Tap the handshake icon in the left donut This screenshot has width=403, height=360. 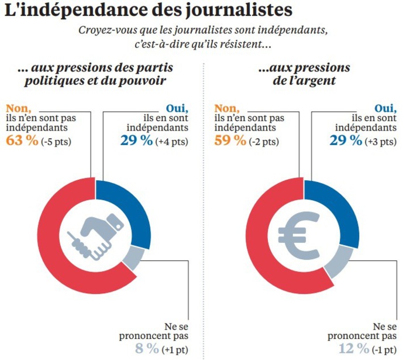98,236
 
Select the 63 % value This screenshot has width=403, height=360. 22,140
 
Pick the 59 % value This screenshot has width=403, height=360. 230,140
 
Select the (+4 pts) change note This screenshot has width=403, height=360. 171,141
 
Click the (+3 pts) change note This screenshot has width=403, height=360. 381,141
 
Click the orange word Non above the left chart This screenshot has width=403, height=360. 18,107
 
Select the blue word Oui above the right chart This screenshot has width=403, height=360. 383,107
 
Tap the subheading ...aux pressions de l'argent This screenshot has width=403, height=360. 304,74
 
